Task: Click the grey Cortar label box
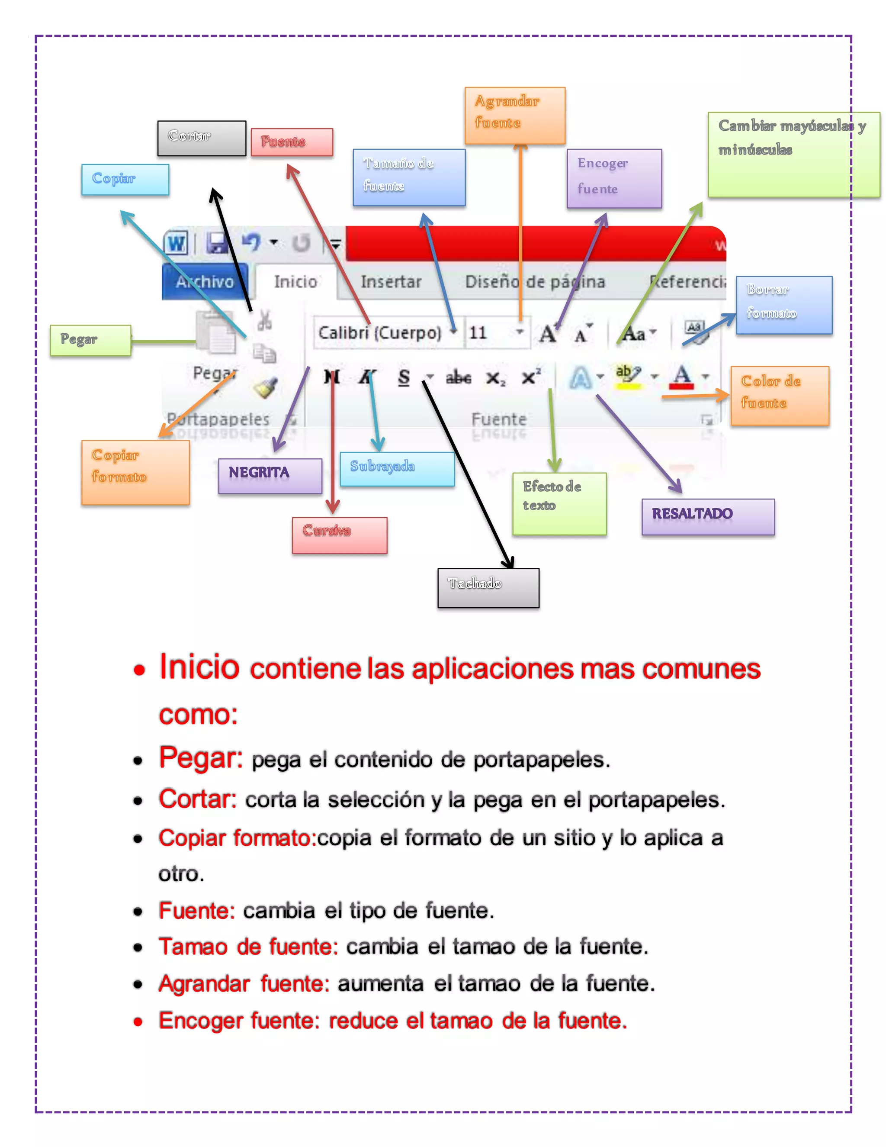[x=202, y=138]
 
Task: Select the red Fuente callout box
[x=292, y=142]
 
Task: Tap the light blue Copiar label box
[x=125, y=180]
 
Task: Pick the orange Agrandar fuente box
[x=514, y=115]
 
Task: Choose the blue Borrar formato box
[x=783, y=305]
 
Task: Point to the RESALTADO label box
[x=707, y=516]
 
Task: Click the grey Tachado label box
[x=488, y=588]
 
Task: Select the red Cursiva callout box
[x=339, y=535]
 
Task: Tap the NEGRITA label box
[x=270, y=475]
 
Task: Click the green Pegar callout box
[x=90, y=340]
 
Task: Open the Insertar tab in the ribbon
[x=391, y=282]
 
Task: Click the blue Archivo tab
[x=205, y=282]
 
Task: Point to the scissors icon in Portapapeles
[x=264, y=319]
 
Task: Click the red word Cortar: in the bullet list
[x=197, y=799]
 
